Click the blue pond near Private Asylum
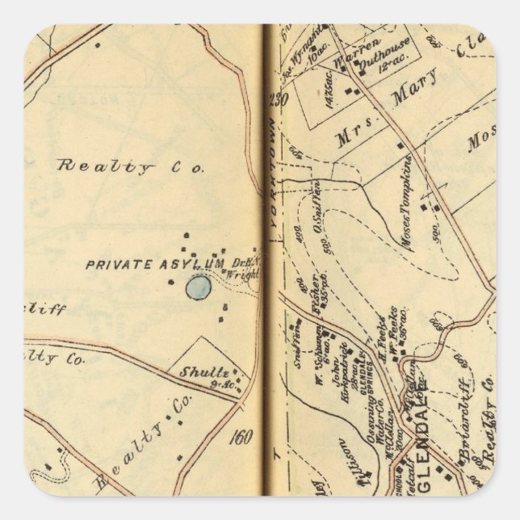click(x=198, y=287)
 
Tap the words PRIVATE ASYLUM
click(x=154, y=263)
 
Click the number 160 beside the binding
click(x=241, y=437)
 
